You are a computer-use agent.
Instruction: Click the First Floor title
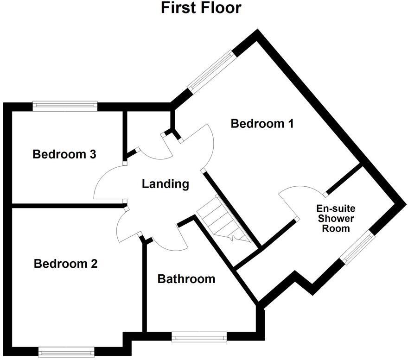(201, 8)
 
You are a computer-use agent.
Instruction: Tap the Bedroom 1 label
(262, 124)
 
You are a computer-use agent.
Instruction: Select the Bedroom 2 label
(66, 264)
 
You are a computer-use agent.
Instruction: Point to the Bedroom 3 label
(64, 154)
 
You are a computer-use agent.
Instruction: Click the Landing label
(166, 184)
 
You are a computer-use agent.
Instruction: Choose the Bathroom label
(186, 279)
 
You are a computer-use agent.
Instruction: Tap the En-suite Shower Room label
(336, 218)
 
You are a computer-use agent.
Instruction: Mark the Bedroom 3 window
(65, 106)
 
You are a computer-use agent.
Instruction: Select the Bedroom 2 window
(66, 351)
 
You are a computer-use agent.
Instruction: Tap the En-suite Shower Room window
(357, 246)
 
